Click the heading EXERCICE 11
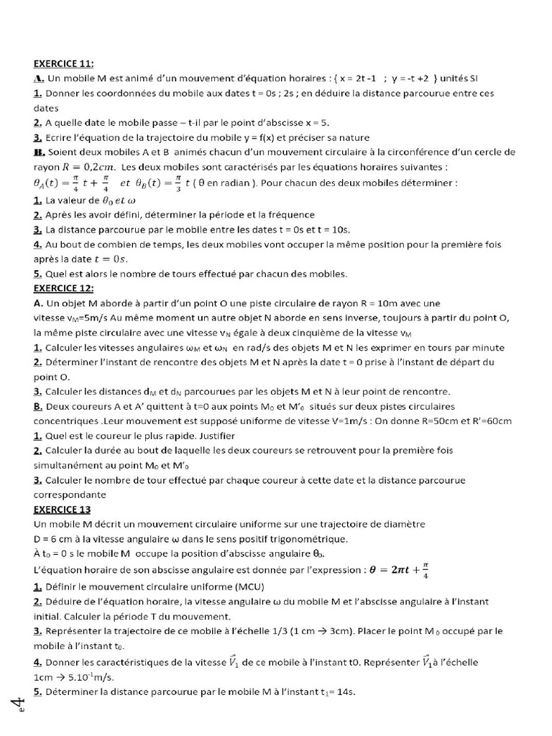(63, 63)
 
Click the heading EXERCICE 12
(63, 288)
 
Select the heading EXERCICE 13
(62, 509)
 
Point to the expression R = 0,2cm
(80, 167)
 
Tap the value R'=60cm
(486, 420)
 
